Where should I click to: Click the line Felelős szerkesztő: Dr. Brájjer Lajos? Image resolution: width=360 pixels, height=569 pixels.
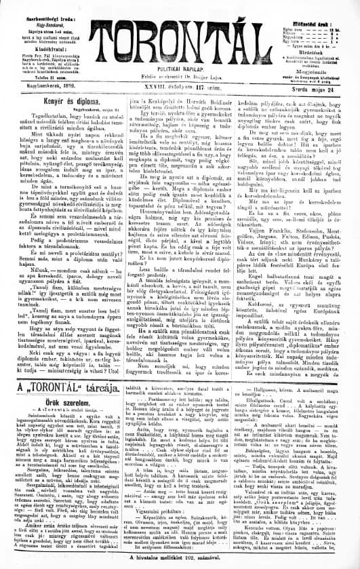pyautogui.click(x=180, y=69)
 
